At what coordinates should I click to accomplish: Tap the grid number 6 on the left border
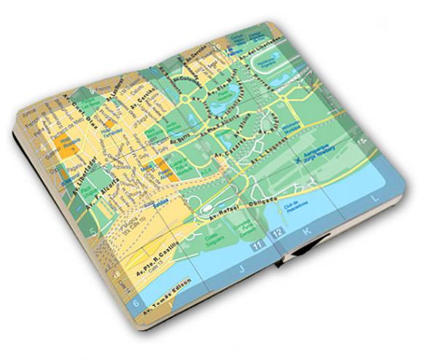136,301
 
